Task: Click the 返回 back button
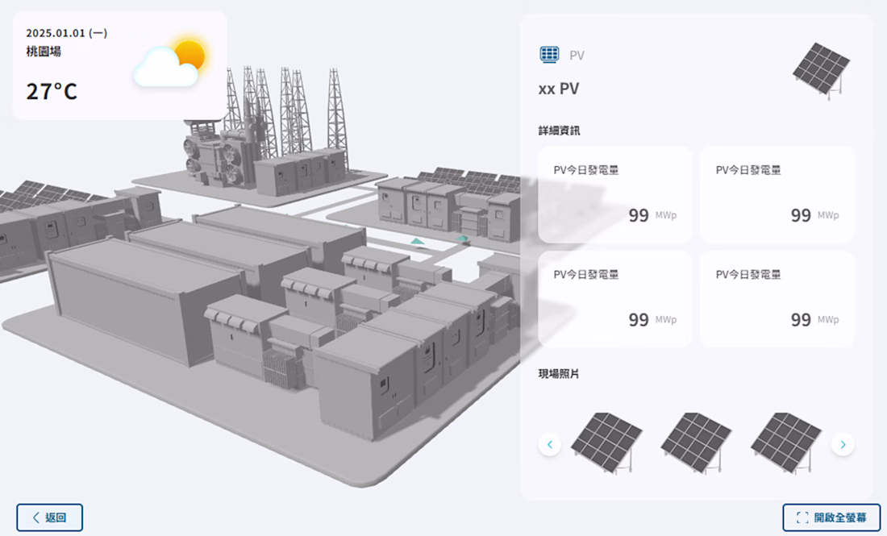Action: [49, 517]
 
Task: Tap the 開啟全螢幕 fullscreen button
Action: [831, 517]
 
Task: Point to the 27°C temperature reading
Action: [52, 91]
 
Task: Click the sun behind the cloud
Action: [189, 55]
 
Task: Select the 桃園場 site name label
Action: [44, 52]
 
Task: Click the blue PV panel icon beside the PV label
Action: [549, 55]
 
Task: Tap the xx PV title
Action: [559, 89]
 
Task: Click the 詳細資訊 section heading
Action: [559, 131]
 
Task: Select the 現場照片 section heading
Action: [559, 374]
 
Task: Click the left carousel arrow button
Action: [550, 444]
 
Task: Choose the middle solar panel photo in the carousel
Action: [696, 443]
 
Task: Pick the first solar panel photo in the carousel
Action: [606, 443]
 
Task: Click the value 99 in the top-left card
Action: [639, 216]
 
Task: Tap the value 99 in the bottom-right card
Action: [801, 320]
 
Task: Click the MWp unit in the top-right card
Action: [828, 215]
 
